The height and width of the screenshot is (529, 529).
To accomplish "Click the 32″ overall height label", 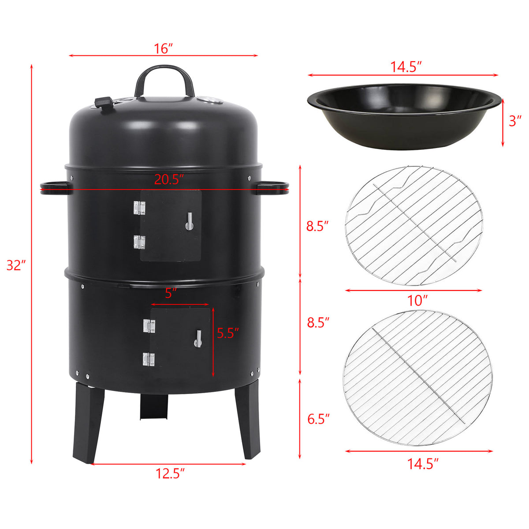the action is tap(16, 265).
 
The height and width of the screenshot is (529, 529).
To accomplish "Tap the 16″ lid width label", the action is tap(163, 48).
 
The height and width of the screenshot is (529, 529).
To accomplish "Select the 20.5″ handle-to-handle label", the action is tap(168, 179).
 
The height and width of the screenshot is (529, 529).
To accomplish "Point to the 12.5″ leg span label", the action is tap(170, 473).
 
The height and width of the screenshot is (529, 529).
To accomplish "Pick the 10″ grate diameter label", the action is tap(417, 300).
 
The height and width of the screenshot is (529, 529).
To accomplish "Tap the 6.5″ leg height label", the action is tap(318, 419).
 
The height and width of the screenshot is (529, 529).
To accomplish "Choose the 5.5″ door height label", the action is tap(228, 333).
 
